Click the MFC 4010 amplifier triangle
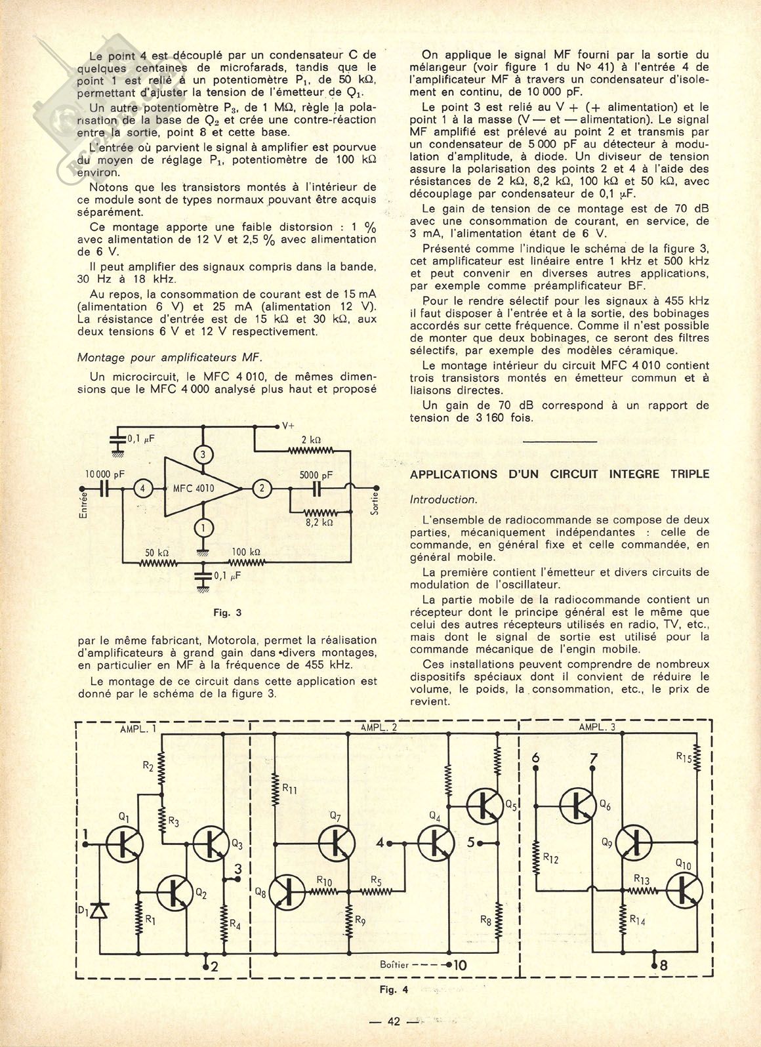200,487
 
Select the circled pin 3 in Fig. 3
203,455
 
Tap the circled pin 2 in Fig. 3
262,487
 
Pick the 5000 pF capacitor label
316,474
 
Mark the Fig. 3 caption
228,613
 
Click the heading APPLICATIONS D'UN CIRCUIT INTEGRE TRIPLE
559,474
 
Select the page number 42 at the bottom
394,1020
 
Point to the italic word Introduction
442,499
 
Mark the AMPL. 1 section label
137,729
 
